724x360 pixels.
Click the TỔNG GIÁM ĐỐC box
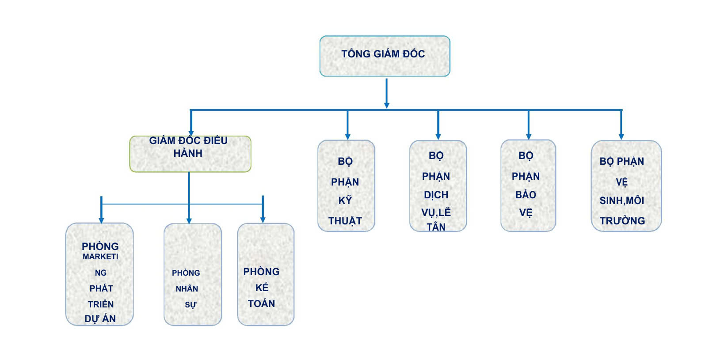coord(385,56)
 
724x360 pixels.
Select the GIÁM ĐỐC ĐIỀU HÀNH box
coord(191,154)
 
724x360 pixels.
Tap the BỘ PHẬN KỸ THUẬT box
coord(346,186)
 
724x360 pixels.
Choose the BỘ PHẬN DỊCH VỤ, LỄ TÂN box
coord(438,186)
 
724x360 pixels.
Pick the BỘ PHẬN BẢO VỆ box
coord(528,186)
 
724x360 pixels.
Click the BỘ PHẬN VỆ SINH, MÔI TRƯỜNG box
coord(626,186)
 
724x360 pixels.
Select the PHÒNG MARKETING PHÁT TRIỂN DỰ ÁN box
coord(99,274)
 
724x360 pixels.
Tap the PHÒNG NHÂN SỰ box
coord(193,274)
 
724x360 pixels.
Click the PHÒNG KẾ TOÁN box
coord(266,274)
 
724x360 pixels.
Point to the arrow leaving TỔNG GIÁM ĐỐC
coord(387,93)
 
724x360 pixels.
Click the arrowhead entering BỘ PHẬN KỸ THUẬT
coord(347,137)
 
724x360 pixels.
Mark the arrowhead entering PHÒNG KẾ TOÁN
coord(263,220)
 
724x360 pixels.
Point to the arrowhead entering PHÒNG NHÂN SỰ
coord(189,220)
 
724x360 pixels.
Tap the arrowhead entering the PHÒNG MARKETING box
coord(102,220)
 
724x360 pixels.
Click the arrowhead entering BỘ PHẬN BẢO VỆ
coord(529,136)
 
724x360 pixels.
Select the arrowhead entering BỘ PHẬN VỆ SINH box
coord(621,137)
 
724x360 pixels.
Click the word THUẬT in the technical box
coord(345,221)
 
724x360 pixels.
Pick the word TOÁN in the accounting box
coord(262,303)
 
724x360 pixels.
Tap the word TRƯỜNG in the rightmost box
coord(622,221)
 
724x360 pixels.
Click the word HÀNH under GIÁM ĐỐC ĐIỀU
coord(188,153)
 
